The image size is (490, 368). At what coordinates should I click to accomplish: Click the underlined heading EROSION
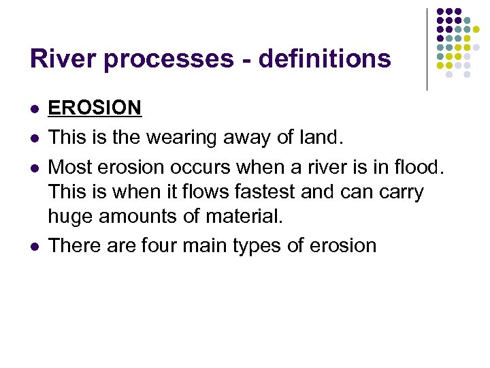click(95, 108)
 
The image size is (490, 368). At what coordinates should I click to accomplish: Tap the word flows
click(203, 191)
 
